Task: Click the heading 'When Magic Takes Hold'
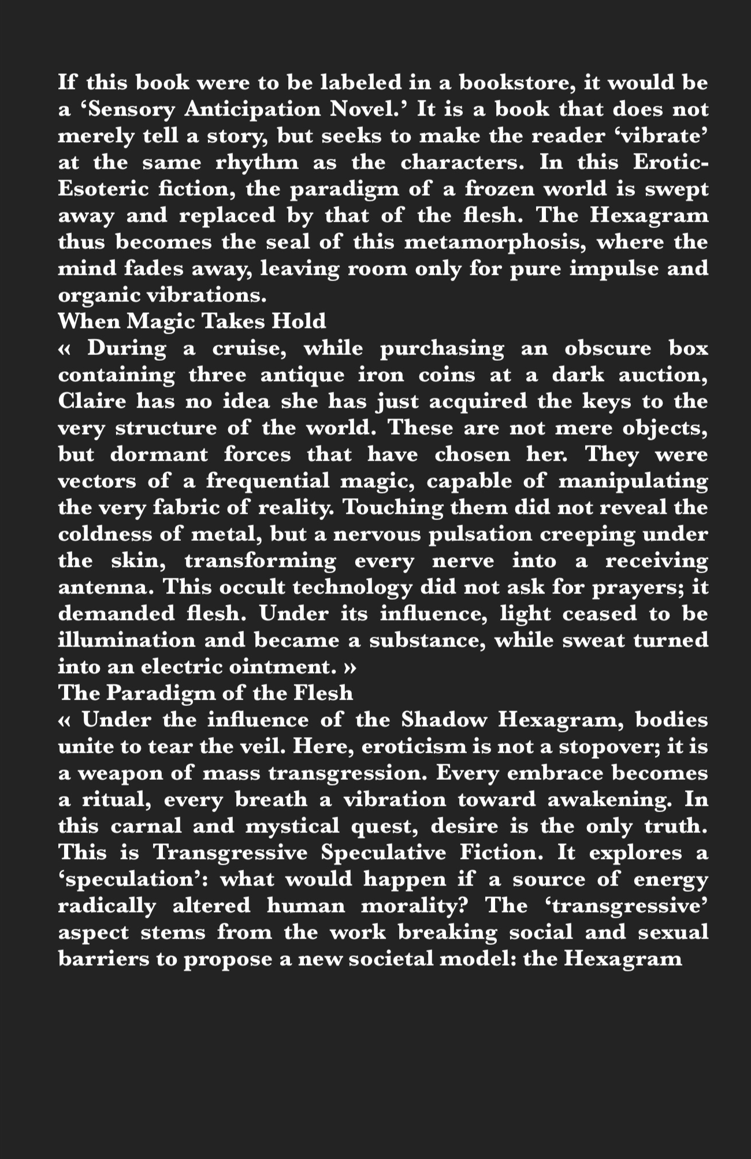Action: [x=192, y=320]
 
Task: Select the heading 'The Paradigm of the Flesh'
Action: [x=205, y=693]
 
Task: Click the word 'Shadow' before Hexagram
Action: [x=443, y=720]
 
